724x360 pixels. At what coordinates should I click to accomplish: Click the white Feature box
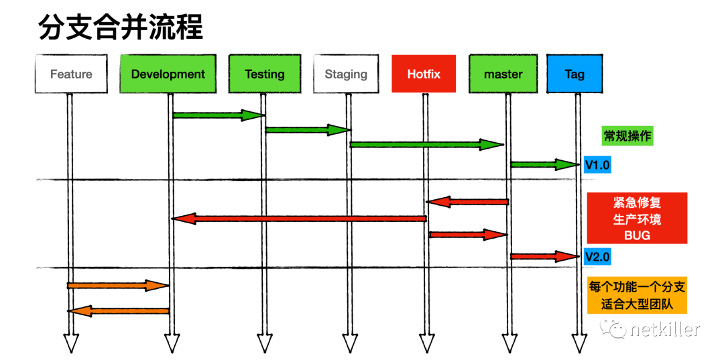71,74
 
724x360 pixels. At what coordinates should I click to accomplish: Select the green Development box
168,74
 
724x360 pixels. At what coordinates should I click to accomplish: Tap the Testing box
264,74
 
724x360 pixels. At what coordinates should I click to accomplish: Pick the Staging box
346,74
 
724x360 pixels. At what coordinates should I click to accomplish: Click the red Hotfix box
424,74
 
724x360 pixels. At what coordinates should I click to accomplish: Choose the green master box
503,74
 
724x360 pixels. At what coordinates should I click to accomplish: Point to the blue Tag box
575,74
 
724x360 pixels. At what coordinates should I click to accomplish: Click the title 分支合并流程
121,28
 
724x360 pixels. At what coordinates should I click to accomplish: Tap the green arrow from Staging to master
426,144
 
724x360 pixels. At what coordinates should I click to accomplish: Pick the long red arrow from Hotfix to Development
299,219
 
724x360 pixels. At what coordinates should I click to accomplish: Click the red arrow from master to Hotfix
468,202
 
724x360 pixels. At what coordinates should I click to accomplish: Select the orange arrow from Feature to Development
118,286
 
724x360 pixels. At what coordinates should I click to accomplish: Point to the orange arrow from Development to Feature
119,310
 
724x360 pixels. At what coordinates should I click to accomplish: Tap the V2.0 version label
597,256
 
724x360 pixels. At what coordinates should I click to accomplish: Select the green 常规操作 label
627,136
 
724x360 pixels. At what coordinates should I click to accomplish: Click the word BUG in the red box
636,235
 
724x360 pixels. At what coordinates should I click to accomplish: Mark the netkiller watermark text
664,329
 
